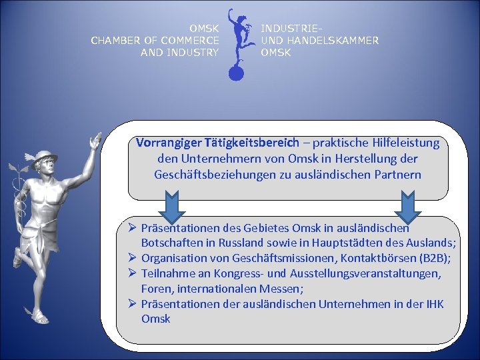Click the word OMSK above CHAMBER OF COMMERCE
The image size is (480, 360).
tap(203, 29)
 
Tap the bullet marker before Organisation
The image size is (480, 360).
tap(133, 257)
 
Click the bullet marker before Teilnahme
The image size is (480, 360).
tap(133, 273)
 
